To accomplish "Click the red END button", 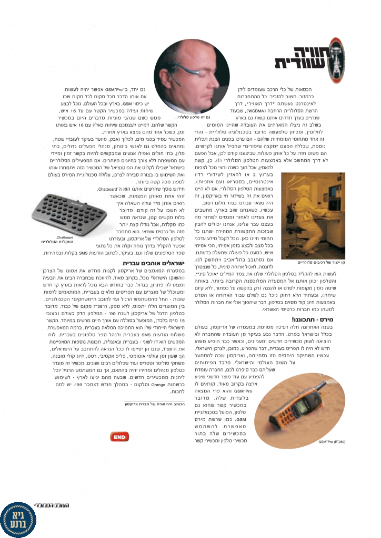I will click(x=119, y=437).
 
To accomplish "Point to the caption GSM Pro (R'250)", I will click(x=332, y=442).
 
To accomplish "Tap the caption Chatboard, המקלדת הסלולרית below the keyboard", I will click(x=57, y=240).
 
